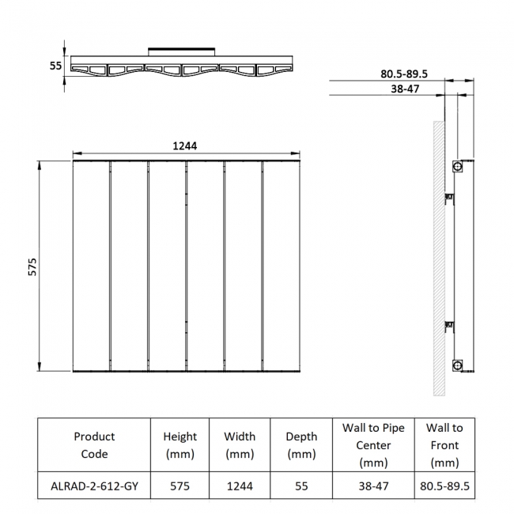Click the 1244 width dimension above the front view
[x=185, y=146]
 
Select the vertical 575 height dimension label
[x=32, y=266]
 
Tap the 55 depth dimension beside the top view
[x=55, y=66]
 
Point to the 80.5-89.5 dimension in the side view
[x=404, y=74]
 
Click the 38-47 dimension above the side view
[x=405, y=89]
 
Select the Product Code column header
[x=94, y=445]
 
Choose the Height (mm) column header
[x=180, y=445]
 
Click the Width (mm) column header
[x=240, y=445]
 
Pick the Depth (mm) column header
[x=301, y=445]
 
